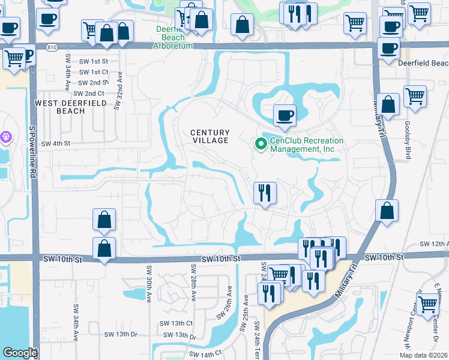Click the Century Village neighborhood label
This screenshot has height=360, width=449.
pos(210,136)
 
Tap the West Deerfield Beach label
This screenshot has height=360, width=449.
pos(71,107)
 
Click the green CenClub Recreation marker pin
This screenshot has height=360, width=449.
pos(261,144)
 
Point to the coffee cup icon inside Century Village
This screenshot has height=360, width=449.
pos(285,115)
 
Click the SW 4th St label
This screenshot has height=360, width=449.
pos(56,143)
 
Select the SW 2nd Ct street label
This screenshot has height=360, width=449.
pos(88,94)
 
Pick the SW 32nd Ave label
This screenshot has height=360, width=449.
pos(118,94)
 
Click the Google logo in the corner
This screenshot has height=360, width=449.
pos(20,353)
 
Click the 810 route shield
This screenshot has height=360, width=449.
pos(52,46)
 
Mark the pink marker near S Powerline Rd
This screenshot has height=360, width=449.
pos(7,137)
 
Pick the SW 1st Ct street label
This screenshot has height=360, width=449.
pos(94,72)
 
